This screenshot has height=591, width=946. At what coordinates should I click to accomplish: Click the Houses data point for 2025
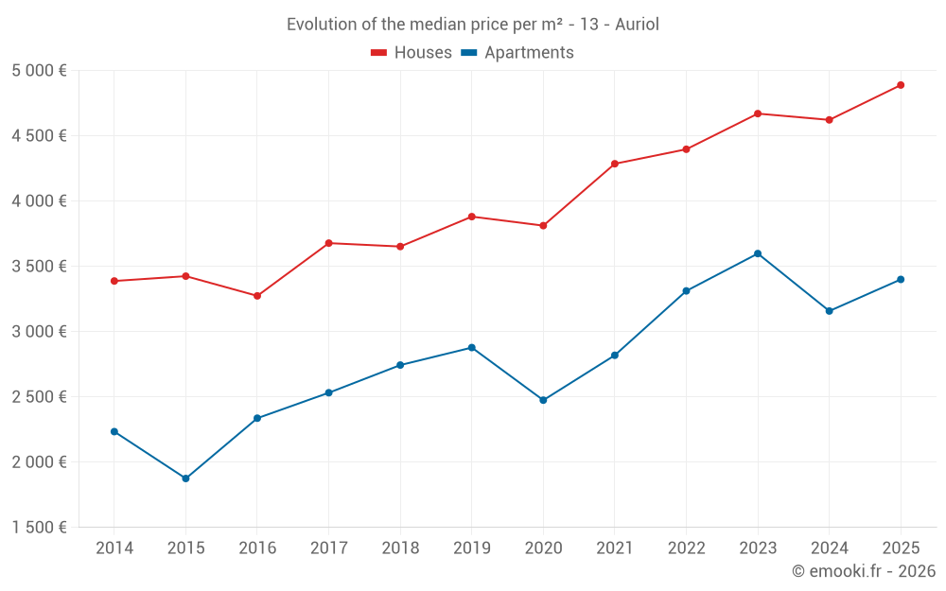[x=901, y=85]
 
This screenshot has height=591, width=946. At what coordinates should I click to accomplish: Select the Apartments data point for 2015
[x=185, y=478]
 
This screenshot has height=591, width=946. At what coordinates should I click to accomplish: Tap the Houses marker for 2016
[x=257, y=296]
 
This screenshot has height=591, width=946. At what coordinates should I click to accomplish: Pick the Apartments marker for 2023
[x=758, y=253]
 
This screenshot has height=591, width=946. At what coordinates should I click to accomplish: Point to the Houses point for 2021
[x=615, y=164]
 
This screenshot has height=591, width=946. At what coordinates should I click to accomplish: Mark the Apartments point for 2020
[x=543, y=400]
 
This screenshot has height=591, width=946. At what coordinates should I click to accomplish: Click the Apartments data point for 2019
[x=472, y=348]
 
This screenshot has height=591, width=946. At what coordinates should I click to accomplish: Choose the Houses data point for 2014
[x=114, y=281]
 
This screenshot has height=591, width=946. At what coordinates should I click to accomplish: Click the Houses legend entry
[x=412, y=53]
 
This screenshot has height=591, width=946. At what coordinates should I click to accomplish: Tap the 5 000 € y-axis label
[x=40, y=71]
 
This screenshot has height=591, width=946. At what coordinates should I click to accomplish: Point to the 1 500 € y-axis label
[x=40, y=528]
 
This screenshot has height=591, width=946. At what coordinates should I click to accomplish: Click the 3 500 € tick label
[x=40, y=267]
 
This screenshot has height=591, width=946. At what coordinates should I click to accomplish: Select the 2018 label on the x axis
[x=400, y=548]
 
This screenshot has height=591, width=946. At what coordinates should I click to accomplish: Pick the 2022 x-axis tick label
[x=686, y=548]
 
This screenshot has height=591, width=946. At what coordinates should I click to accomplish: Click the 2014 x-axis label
[x=114, y=548]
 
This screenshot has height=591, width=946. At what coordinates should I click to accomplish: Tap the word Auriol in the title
[x=637, y=25]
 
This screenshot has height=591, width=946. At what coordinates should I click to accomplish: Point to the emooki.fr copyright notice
[x=863, y=571]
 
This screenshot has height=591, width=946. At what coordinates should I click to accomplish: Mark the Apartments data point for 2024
[x=830, y=311]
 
